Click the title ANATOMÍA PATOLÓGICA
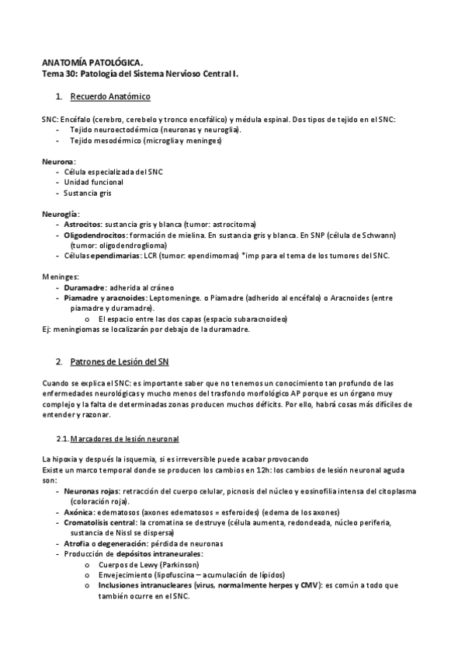coord(92,61)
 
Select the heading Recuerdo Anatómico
coord(109,96)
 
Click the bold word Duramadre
coord(85,288)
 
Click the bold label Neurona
coord(57,160)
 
